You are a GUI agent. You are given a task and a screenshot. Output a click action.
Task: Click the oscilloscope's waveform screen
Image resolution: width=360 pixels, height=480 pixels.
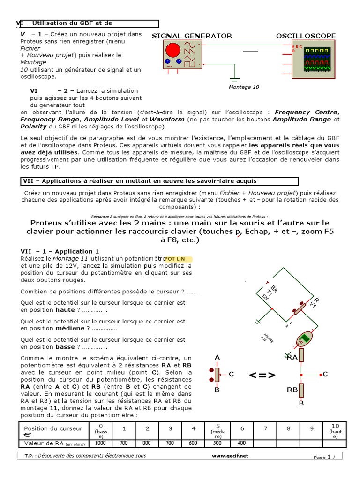(317, 59)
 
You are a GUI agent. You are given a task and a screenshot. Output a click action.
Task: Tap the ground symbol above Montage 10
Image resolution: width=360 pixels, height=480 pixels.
(235, 78)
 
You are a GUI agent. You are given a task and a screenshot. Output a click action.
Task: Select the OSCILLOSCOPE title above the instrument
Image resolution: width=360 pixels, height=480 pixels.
(306, 36)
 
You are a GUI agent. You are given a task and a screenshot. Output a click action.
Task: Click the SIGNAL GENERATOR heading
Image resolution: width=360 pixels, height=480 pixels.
(192, 36)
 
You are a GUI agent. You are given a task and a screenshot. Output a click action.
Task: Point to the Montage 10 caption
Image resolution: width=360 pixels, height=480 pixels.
(243, 87)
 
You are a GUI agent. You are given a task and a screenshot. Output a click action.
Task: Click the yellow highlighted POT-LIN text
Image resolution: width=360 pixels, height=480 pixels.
(178, 258)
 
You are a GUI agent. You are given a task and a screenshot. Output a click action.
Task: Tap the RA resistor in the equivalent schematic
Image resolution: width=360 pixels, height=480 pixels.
(302, 355)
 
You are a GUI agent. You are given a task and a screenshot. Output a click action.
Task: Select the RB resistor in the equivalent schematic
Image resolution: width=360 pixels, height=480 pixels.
(302, 390)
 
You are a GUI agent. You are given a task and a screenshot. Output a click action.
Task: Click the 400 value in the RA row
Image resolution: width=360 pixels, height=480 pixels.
(241, 443)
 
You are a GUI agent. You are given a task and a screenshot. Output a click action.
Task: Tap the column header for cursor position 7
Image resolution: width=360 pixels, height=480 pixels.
(265, 428)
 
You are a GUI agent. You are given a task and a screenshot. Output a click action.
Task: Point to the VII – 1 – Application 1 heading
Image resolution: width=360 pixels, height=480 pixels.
(60, 251)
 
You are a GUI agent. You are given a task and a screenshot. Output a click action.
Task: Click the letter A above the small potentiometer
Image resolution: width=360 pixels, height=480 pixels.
(217, 358)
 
